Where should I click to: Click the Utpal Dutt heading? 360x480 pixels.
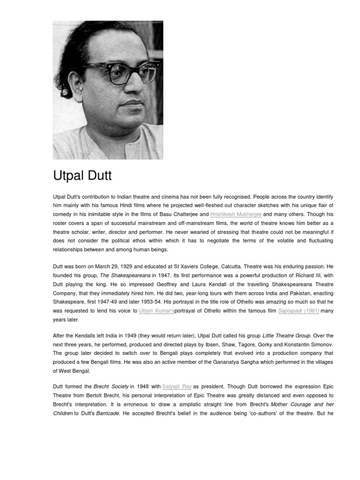(82, 177)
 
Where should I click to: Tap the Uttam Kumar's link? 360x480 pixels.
(157, 311)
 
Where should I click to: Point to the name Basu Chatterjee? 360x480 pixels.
(175, 214)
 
